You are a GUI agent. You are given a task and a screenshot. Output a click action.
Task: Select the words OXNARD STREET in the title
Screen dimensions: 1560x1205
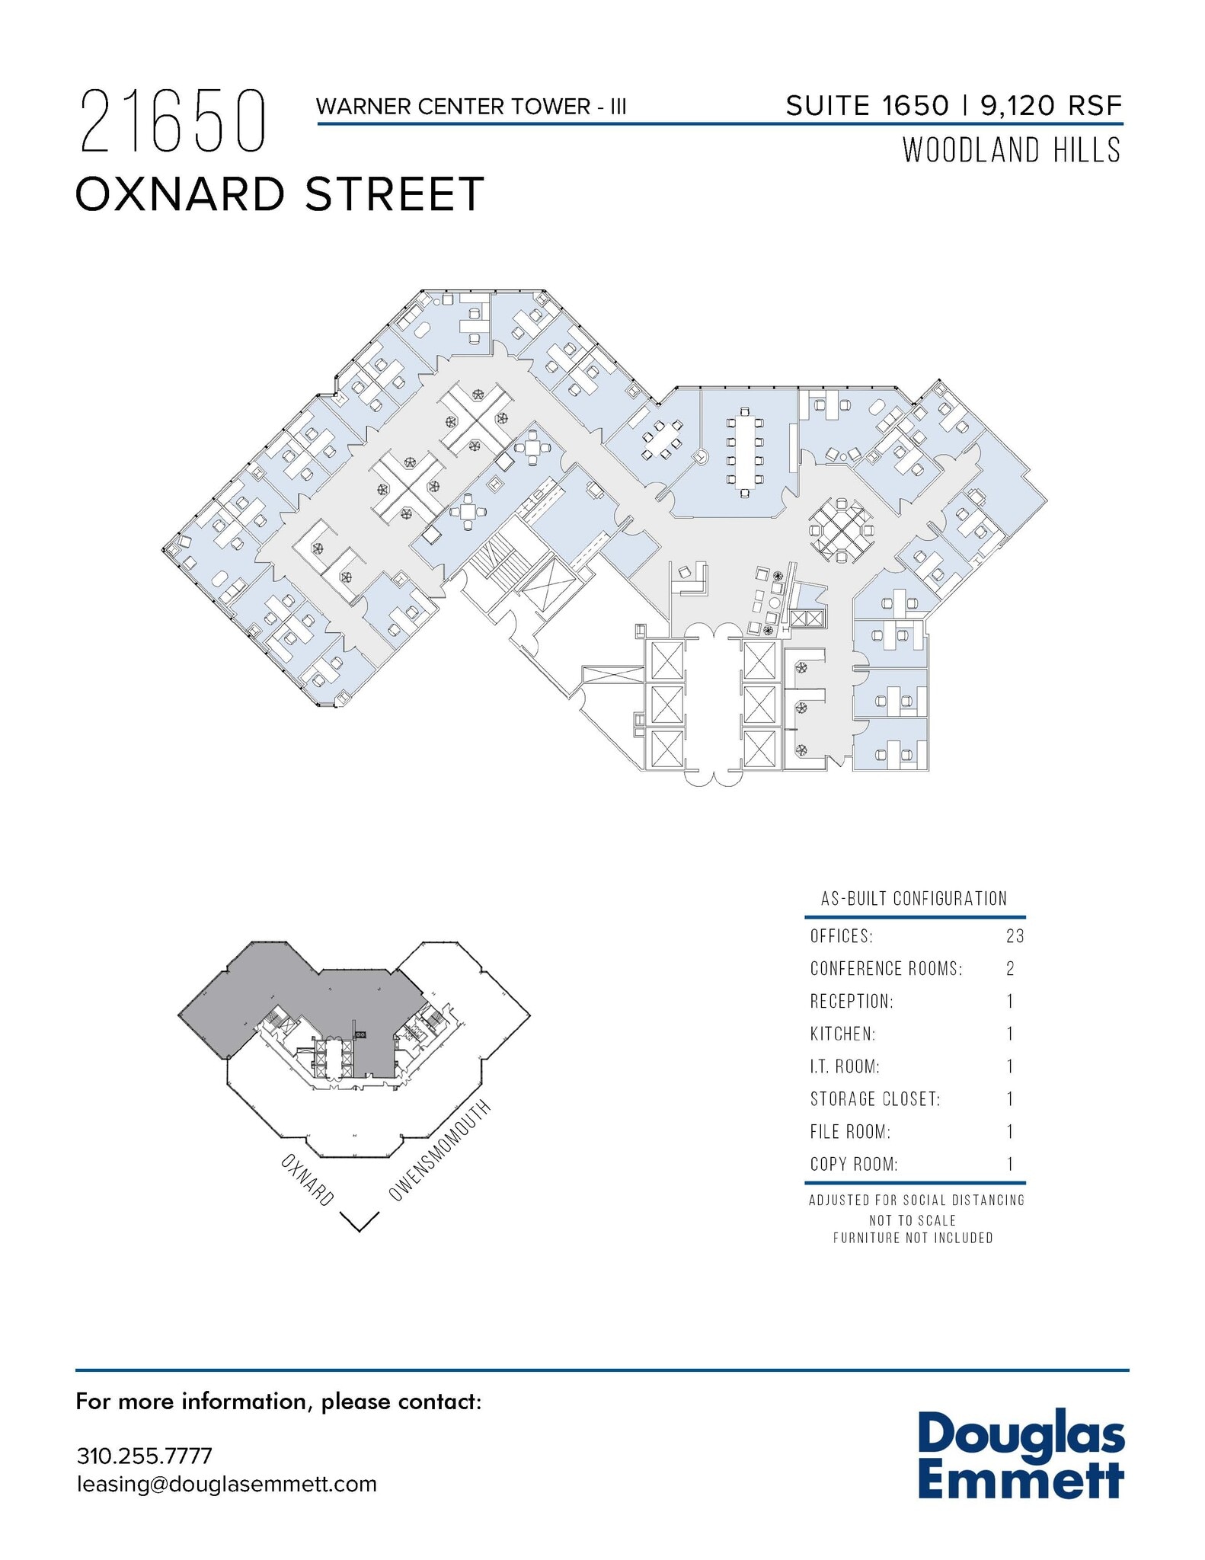click(280, 194)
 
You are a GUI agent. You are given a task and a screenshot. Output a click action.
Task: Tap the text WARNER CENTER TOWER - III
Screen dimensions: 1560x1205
click(471, 107)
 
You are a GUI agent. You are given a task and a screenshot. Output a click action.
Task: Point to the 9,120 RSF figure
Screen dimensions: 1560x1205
click(1051, 106)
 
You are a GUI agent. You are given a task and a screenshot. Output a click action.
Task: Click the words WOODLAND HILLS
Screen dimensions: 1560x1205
click(1012, 150)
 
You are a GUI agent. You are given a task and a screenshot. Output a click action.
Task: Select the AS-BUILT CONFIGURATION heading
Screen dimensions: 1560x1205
click(913, 899)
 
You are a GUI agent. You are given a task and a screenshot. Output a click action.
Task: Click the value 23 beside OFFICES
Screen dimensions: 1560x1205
click(1015, 936)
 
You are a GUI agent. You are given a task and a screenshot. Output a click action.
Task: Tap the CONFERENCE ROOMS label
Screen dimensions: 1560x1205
click(886, 969)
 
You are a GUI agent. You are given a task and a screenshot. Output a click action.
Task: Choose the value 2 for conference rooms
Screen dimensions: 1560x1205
click(1010, 969)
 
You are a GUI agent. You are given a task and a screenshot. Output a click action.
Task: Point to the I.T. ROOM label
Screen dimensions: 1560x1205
click(845, 1066)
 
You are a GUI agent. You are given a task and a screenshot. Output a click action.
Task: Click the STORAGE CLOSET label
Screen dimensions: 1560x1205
click(875, 1099)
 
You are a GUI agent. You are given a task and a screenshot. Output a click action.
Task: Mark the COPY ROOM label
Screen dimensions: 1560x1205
click(854, 1165)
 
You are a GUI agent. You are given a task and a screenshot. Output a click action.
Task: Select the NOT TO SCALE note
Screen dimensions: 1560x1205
click(913, 1220)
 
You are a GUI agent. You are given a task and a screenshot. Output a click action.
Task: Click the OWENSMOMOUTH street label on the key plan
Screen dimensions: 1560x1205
click(440, 1152)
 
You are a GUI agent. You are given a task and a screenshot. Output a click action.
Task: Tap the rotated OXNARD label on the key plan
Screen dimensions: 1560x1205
click(308, 1180)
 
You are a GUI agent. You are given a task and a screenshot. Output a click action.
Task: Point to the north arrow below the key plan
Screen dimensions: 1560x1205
click(360, 1221)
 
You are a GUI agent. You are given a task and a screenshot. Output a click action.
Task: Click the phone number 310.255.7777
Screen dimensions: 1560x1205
click(144, 1456)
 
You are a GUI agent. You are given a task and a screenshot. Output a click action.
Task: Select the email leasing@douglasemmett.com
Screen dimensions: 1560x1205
click(226, 1484)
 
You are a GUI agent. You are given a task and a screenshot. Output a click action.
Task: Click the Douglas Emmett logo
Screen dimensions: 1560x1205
click(1021, 1456)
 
